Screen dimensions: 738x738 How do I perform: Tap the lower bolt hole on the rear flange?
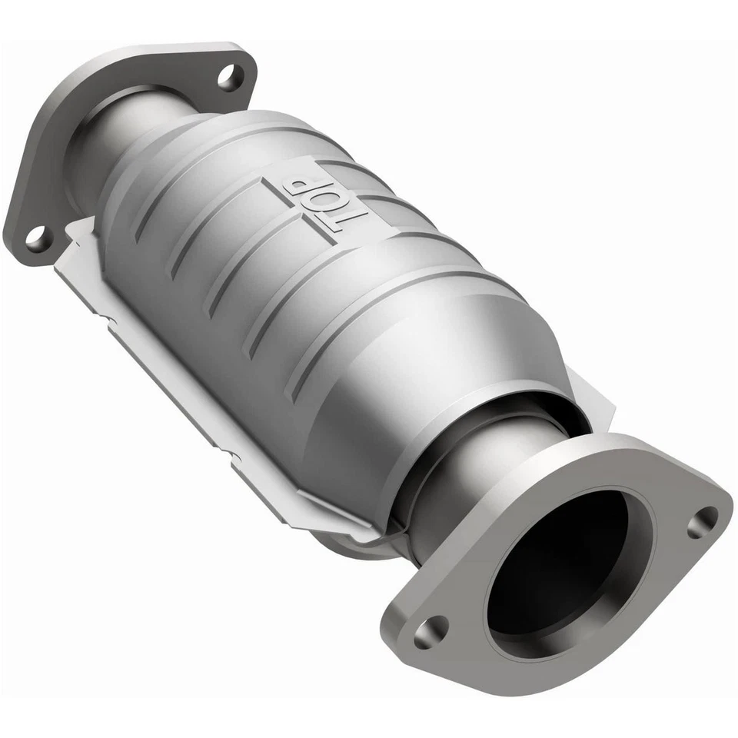click(36, 238)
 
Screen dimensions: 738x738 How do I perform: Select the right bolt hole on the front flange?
click(702, 522)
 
